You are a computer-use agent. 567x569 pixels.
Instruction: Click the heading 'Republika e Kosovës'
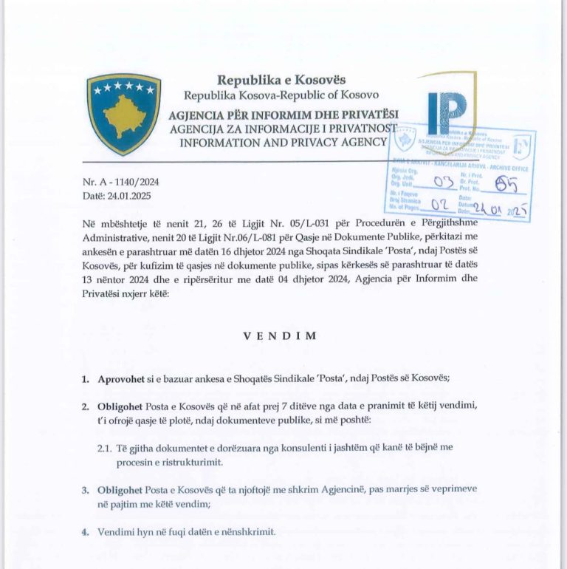(281, 80)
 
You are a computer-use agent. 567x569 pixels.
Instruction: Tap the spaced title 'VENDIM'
(281, 335)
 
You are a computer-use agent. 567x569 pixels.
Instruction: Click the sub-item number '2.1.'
(106, 449)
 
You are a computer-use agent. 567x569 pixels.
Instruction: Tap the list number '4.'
(86, 531)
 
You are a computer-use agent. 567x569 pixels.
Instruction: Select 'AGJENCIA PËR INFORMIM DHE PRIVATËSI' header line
(283, 115)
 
